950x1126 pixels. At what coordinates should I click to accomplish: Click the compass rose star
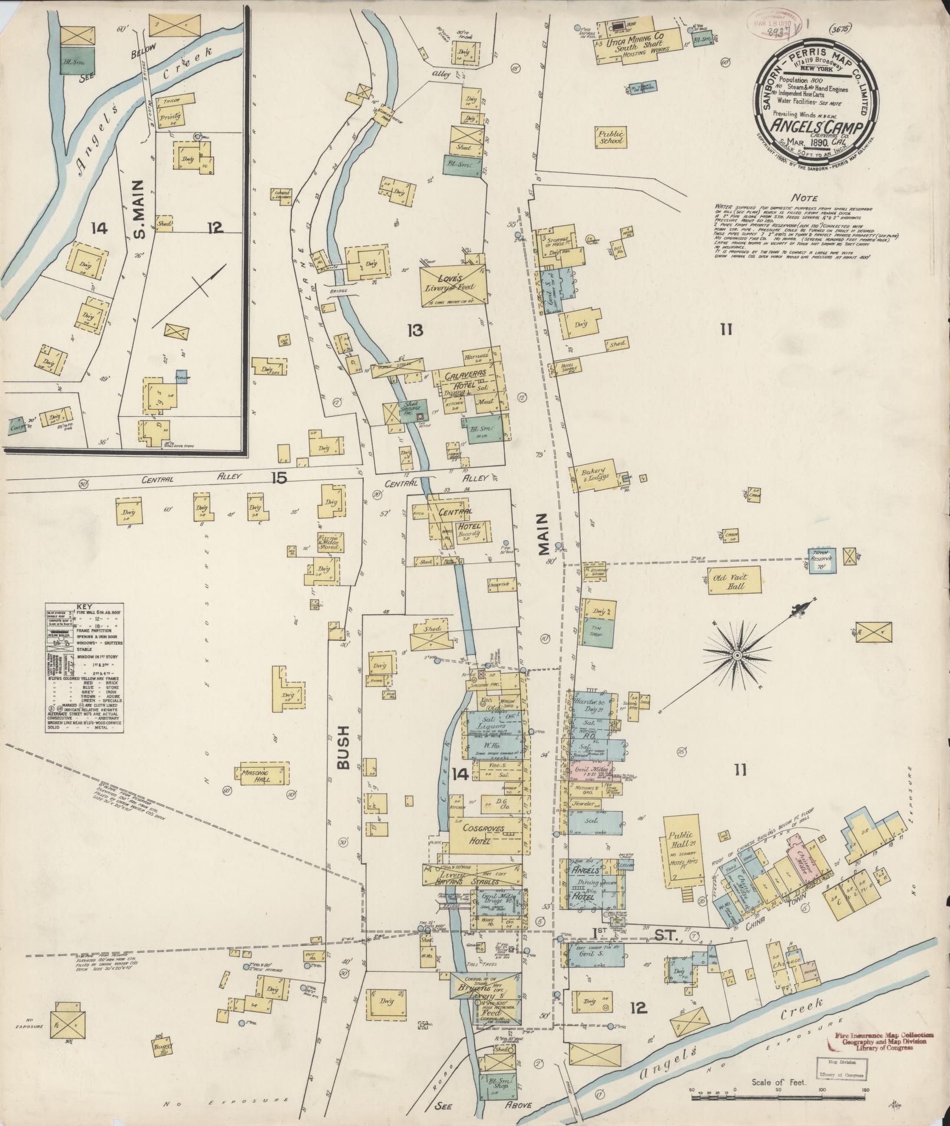click(736, 655)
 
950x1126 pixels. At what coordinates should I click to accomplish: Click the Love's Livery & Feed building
click(454, 285)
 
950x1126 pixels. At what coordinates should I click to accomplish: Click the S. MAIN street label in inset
click(140, 217)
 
